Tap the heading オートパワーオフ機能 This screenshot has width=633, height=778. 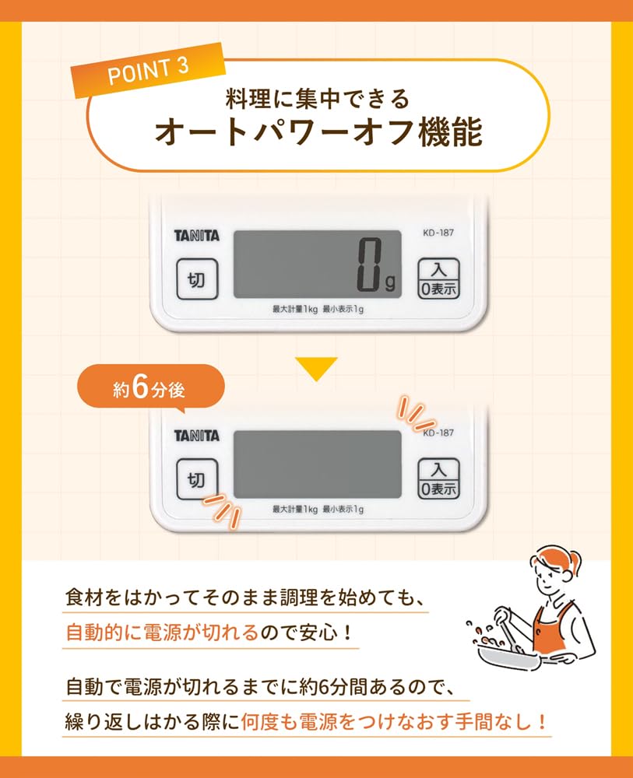click(x=317, y=132)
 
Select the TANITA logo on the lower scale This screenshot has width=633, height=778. click(x=196, y=436)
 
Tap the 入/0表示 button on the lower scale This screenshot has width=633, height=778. click(x=438, y=478)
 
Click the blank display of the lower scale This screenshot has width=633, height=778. click(x=317, y=465)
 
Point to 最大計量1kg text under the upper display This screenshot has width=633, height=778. click(x=294, y=310)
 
